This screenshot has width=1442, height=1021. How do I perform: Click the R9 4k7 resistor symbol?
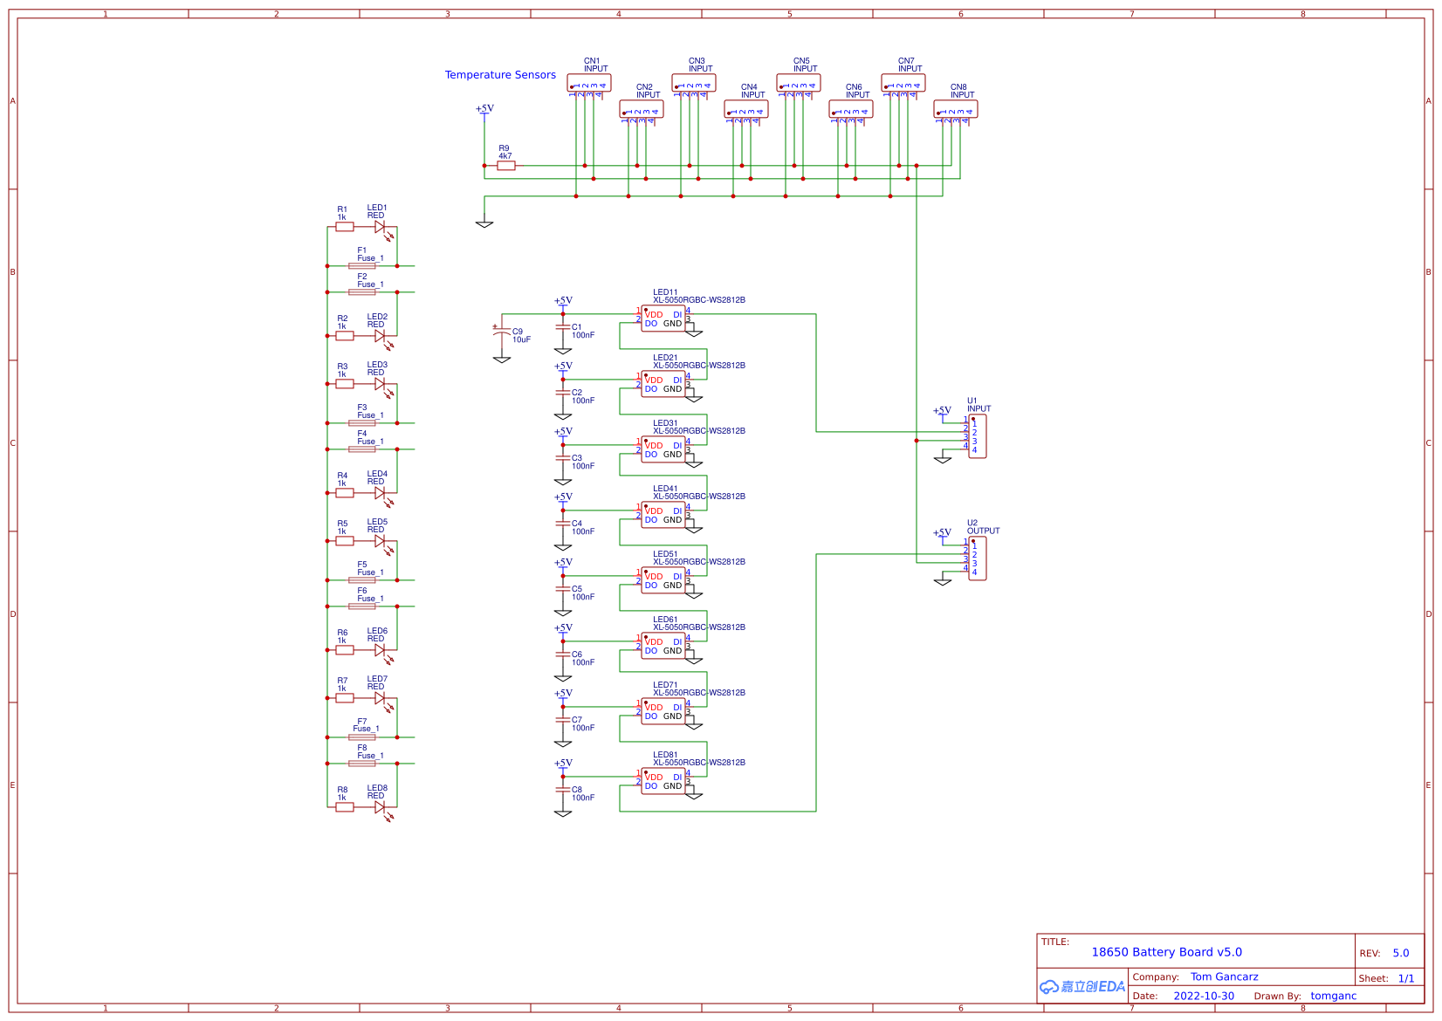pos(506,166)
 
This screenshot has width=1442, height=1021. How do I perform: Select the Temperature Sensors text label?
pos(500,75)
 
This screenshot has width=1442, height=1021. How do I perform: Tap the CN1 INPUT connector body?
pos(589,83)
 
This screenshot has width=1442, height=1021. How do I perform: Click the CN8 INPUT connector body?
pos(956,109)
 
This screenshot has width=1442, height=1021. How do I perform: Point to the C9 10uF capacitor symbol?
pos(502,332)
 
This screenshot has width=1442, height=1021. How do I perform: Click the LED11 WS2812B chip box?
pos(663,319)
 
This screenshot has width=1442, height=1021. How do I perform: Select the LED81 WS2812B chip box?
pos(663,781)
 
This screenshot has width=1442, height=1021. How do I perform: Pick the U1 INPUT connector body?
pos(978,436)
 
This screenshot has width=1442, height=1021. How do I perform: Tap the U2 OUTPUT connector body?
pos(978,558)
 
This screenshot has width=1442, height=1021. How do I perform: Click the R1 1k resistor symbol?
pos(345,227)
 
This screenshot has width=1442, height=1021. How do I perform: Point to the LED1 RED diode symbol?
pos(380,227)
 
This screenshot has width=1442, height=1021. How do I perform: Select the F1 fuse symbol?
pos(362,266)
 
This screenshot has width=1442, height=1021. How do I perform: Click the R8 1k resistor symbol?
pos(345,807)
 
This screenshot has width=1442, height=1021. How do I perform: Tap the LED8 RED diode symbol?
pos(380,807)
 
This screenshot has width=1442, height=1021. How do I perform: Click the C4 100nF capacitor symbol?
pos(563,524)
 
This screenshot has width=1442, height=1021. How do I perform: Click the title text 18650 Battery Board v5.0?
pos(1166,952)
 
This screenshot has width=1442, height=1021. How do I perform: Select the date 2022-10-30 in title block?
pos(1204,996)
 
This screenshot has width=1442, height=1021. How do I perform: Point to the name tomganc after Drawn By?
pos(1333,996)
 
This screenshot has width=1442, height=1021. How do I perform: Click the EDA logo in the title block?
pos(1082,987)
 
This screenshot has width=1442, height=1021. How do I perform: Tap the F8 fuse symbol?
pos(362,764)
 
